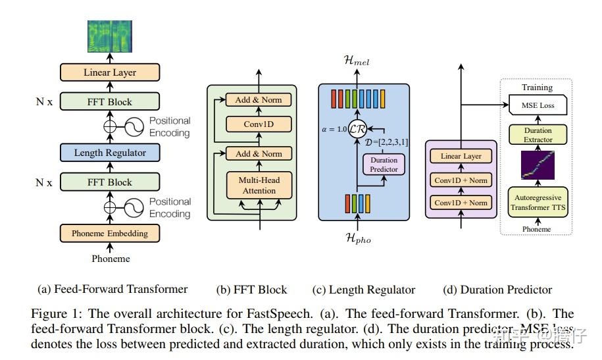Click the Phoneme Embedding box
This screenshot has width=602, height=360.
coord(111,233)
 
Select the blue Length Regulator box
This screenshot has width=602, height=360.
coord(111,153)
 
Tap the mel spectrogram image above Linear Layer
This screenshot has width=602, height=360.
coord(111,36)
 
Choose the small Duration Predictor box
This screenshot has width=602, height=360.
coord(384,163)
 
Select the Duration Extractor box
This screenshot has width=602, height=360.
coord(537,135)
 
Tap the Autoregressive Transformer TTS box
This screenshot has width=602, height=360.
coord(537,202)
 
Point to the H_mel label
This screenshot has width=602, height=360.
coord(357,61)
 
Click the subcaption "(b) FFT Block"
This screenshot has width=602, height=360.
coord(251,290)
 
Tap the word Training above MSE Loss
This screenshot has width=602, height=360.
coord(537,87)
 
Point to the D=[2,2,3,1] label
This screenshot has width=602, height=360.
coord(387,141)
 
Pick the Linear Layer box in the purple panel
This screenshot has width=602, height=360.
coord(460,157)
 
